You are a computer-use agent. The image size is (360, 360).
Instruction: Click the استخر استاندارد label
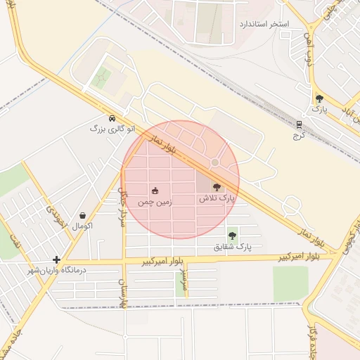264,24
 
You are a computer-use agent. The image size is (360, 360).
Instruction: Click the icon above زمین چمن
155,191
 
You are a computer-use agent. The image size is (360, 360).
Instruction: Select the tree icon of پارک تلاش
217,188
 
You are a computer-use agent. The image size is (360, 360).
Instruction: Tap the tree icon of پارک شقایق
232,236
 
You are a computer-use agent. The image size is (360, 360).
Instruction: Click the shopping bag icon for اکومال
83,215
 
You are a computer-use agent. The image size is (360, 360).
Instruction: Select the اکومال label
83,226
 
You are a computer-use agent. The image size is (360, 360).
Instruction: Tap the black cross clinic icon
56,259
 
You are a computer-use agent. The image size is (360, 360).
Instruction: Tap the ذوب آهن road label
307,45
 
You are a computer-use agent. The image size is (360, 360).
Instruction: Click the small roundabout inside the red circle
214,162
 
